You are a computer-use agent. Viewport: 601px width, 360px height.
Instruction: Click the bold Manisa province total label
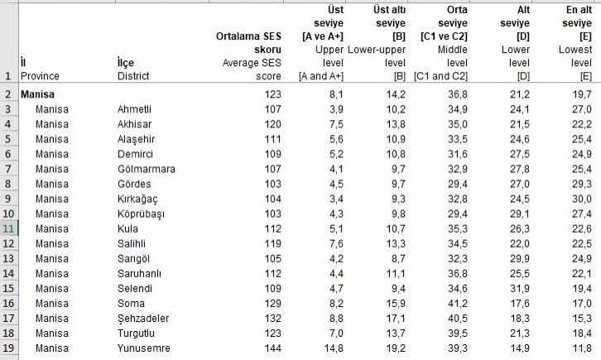tap(37, 94)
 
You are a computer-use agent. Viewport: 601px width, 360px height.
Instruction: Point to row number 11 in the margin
tap(7, 228)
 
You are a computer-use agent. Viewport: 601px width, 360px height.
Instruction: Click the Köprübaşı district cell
tap(146, 214)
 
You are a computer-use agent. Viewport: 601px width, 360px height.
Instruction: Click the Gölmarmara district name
tap(147, 168)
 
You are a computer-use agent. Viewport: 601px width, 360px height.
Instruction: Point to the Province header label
tap(40, 76)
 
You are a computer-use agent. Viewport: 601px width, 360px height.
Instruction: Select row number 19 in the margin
tap(7, 348)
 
